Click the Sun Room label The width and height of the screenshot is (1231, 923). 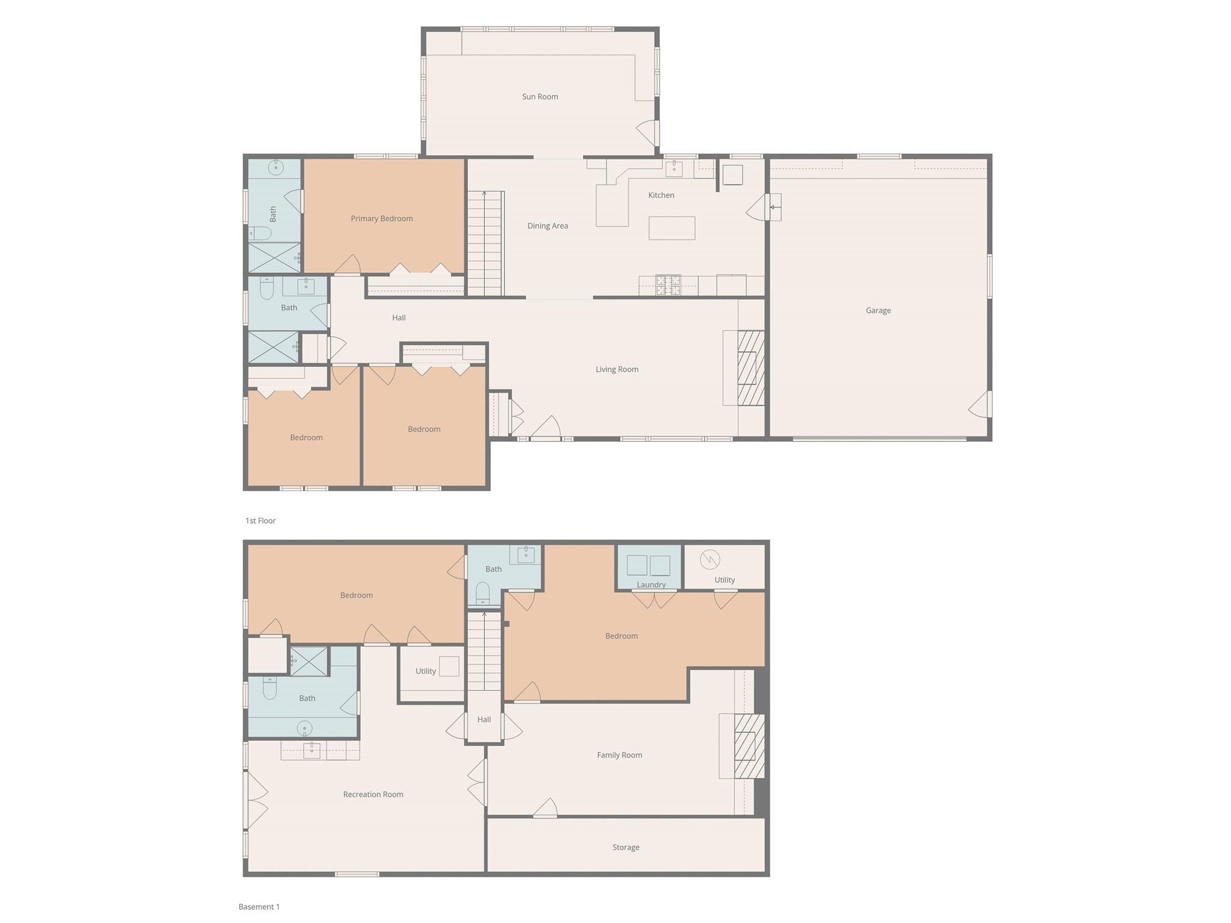point(539,97)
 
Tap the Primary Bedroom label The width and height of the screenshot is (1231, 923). point(381,219)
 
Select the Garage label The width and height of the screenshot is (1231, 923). point(877,311)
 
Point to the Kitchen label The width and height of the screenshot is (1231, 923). point(660,195)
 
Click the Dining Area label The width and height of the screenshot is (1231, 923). point(547,226)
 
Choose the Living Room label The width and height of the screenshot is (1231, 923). point(616,370)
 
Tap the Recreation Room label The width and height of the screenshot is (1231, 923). point(373,794)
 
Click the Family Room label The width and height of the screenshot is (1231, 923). point(619,755)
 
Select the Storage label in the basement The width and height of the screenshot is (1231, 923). point(625,848)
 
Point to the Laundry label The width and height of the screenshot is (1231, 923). point(651,585)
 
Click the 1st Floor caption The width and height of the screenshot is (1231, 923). point(260,521)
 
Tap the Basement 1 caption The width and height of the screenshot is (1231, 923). point(259,907)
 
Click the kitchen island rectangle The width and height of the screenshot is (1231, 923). point(671,228)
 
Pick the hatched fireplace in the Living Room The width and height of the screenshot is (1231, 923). point(750,368)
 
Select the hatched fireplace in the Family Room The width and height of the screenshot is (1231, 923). point(749,746)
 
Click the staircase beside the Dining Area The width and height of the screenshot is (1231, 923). point(485,244)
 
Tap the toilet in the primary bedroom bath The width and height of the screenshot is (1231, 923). point(260,233)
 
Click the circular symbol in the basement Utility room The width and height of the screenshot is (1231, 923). point(710,559)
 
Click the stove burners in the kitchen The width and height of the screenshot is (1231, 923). point(668,285)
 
